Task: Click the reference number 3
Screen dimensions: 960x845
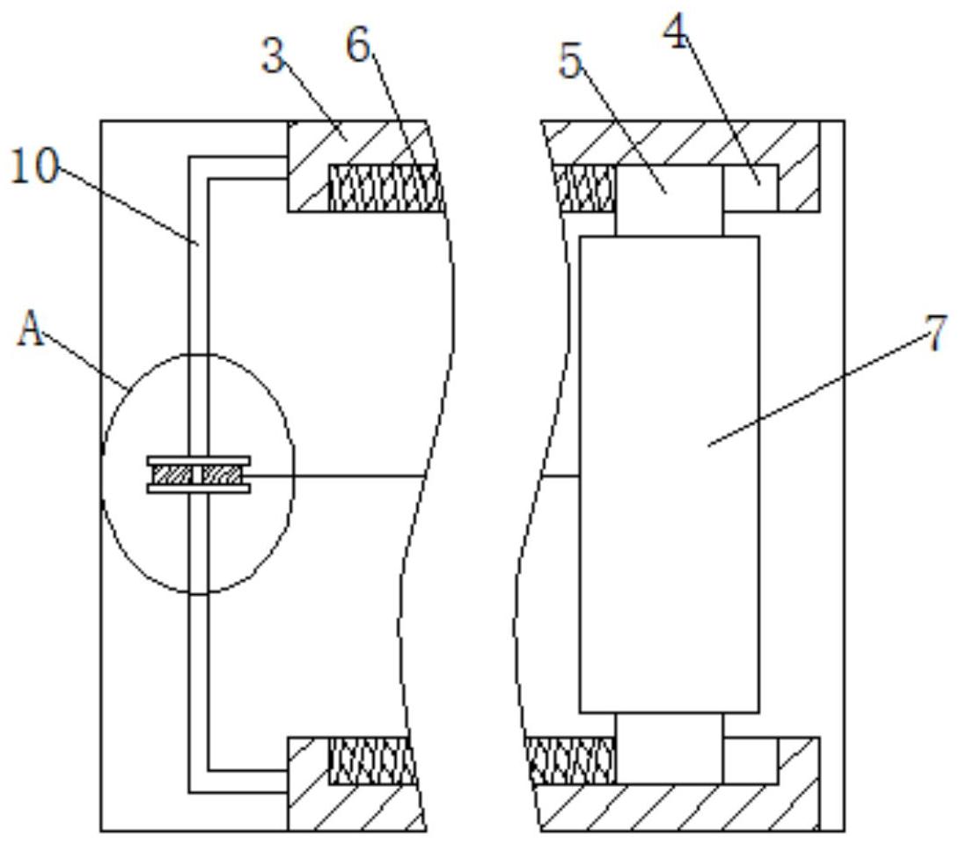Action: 273,56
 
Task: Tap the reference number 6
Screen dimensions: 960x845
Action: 359,45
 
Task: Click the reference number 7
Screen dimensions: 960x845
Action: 934,334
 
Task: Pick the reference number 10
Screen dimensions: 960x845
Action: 35,166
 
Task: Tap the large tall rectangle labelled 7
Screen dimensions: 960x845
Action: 669,474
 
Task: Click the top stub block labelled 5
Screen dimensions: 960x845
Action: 669,200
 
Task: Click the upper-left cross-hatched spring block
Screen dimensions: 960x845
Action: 385,188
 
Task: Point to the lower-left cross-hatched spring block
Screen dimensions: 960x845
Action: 372,760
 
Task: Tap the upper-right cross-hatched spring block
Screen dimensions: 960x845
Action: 584,188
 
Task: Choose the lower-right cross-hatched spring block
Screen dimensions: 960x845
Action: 571,760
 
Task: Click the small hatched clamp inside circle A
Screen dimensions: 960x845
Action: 198,474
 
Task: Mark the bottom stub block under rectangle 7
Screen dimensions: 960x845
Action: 669,748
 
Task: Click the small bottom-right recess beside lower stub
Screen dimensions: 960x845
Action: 751,760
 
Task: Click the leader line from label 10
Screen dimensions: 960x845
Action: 128,206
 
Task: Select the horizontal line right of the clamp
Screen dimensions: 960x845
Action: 338,474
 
